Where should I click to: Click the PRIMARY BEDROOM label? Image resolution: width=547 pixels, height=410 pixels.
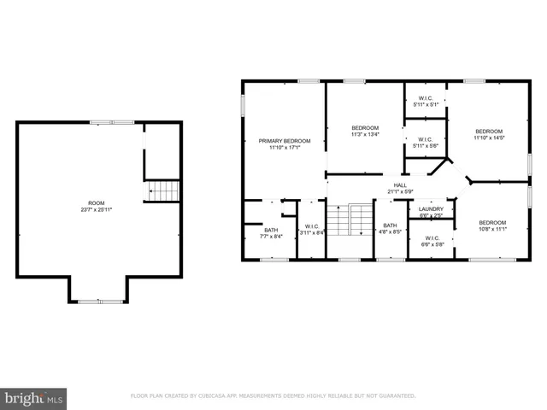click(285, 140)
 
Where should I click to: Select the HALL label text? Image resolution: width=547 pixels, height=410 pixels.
click(400, 184)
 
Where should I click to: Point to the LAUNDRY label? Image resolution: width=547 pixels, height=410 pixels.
click(431, 208)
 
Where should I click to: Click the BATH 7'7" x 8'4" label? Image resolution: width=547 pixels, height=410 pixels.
click(271, 230)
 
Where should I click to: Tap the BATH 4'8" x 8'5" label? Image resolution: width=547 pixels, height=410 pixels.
click(390, 226)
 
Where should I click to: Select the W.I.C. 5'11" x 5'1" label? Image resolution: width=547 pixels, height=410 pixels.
click(426, 98)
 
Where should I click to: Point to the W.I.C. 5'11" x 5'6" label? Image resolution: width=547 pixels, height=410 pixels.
click(426, 139)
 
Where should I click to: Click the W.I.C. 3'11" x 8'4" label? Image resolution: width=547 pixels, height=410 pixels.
click(311, 226)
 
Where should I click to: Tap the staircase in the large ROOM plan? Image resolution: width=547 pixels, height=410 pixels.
click(162, 191)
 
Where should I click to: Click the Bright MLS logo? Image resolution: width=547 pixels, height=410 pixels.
click(34, 398)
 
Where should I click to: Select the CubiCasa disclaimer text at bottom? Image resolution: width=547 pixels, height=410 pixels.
click(273, 396)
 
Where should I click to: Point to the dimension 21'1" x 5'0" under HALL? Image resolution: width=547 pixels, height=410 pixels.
click(400, 191)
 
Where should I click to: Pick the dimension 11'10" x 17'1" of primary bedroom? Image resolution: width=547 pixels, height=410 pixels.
click(285, 147)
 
